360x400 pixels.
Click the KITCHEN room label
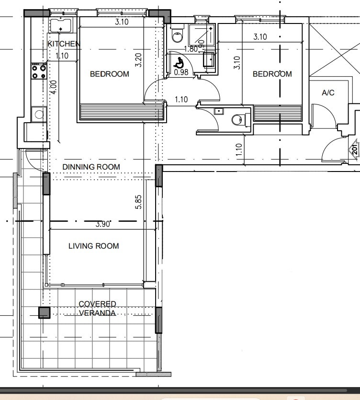(x=64, y=44)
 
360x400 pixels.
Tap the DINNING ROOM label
(x=91, y=167)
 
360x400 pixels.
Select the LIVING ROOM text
(x=93, y=246)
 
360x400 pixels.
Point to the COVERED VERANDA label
(x=97, y=309)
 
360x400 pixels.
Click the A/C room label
(x=328, y=92)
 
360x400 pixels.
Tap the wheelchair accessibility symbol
(x=180, y=63)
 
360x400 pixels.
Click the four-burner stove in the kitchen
(x=39, y=72)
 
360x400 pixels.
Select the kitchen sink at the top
(x=60, y=25)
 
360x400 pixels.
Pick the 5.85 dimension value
(x=138, y=202)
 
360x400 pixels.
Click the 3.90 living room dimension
(x=103, y=224)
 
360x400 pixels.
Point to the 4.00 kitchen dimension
(x=54, y=87)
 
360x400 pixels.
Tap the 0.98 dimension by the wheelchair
(x=181, y=72)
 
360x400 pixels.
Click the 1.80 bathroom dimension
(x=191, y=49)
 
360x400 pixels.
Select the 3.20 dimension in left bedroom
(x=138, y=60)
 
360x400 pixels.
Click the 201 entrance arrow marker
(x=354, y=149)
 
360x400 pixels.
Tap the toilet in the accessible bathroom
(x=177, y=34)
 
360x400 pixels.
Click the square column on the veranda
(x=44, y=313)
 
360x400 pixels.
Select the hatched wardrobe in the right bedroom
(x=278, y=113)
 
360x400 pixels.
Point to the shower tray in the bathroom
(x=202, y=35)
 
